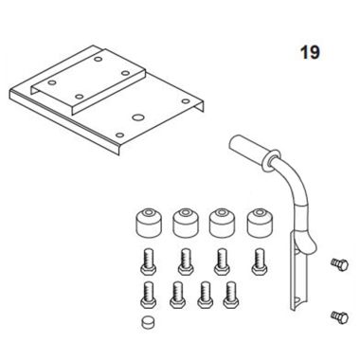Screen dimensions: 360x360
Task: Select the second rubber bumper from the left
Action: (x=186, y=224)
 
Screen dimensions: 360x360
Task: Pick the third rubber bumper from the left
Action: (x=221, y=224)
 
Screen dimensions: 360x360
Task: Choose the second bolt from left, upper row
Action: (x=186, y=258)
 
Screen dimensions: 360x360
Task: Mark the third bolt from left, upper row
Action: (x=222, y=258)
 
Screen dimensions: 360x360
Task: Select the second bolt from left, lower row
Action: (x=176, y=293)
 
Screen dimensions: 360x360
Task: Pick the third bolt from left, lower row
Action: (x=202, y=293)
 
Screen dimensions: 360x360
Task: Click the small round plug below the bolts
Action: (x=147, y=324)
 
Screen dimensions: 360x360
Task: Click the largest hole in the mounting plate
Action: (x=138, y=117)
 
